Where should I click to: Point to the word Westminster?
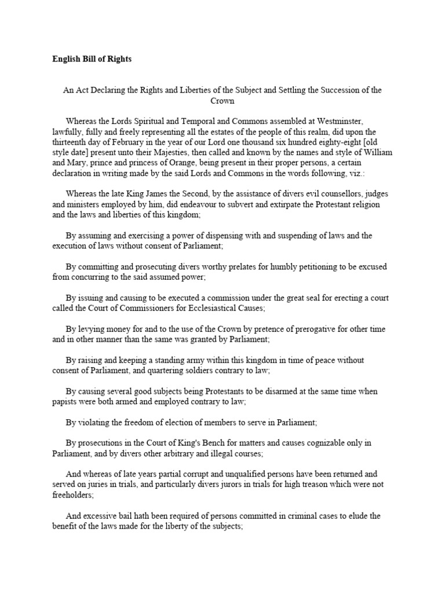pos(338,121)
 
